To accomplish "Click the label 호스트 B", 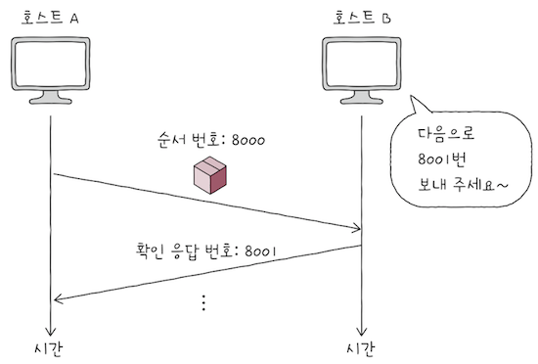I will pyautogui.click(x=363, y=17).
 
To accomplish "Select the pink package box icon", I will pyautogui.click(x=209, y=176).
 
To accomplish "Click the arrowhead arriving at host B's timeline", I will pyautogui.click(x=356, y=230).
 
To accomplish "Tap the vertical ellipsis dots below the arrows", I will pyautogui.click(x=203, y=302).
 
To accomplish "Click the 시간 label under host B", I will pyautogui.click(x=363, y=348).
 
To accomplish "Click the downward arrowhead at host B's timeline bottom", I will pyautogui.click(x=363, y=330).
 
